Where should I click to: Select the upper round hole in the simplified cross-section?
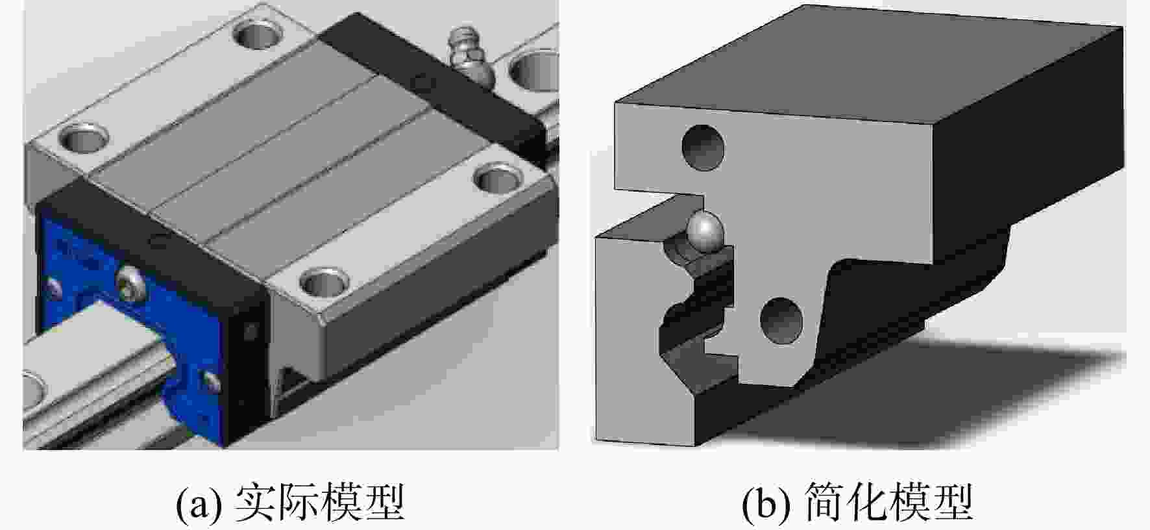click(703, 147)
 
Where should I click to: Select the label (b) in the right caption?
click(768, 504)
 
